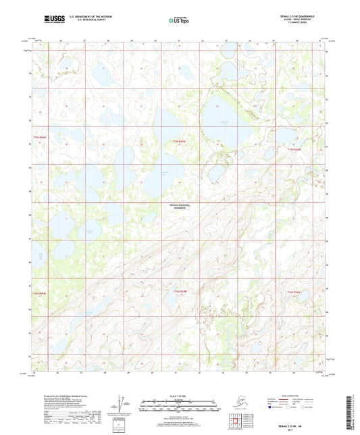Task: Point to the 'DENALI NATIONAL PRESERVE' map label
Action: [x=180, y=206]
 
